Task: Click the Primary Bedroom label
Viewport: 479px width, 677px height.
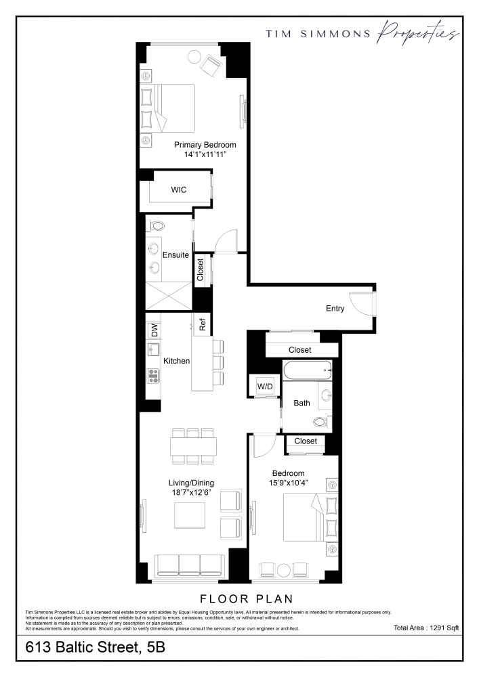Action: pos(205,145)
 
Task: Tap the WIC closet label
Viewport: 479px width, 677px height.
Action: pos(178,190)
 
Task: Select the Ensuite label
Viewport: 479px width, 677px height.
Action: pos(175,255)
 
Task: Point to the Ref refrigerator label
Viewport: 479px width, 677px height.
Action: pos(203,324)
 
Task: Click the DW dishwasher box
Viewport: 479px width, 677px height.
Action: pos(154,330)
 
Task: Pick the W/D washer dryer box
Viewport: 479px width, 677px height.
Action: pos(264,386)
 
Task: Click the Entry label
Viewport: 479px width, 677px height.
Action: pos(335,309)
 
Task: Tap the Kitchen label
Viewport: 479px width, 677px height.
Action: pos(176,362)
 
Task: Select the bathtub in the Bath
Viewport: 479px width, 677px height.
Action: pos(307,370)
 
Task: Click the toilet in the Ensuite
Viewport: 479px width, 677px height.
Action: pos(157,225)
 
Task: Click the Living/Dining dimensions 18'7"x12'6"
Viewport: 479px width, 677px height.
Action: pos(191,492)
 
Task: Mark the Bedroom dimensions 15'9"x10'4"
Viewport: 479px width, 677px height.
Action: pos(288,483)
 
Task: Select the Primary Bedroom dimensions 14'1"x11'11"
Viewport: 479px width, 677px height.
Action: pos(205,155)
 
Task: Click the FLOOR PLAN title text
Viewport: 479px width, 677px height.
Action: pos(246,598)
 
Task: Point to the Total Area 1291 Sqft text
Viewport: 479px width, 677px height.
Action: pos(426,628)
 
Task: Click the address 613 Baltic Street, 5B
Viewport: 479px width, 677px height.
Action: pos(95,648)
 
